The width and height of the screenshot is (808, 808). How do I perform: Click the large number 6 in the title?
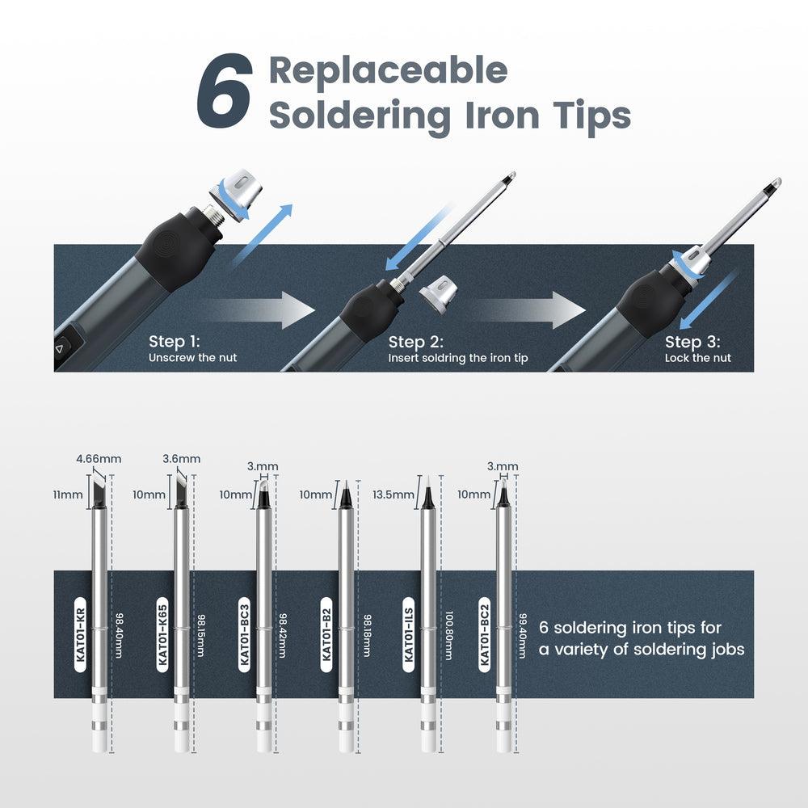[x=225, y=90]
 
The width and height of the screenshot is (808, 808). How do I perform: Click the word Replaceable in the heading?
[x=388, y=70]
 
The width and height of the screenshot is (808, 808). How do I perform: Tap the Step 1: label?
[x=175, y=341]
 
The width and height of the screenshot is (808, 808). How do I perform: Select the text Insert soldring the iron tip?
[x=458, y=358]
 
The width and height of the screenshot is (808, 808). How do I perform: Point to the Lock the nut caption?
[x=698, y=358]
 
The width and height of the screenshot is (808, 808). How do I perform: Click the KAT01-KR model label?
[x=80, y=635]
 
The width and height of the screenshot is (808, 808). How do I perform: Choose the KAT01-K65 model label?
[x=162, y=635]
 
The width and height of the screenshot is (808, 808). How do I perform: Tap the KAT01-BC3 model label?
[x=245, y=635]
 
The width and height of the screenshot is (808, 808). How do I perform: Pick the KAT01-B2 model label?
[x=326, y=635]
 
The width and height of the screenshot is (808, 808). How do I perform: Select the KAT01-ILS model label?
[x=409, y=635]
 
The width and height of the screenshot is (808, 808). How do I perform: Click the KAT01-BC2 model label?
[x=484, y=635]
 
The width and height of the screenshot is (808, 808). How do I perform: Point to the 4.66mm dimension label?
[x=99, y=459]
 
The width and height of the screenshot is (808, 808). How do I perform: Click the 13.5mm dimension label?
[x=393, y=494]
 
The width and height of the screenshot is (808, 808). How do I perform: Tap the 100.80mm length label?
[x=448, y=636]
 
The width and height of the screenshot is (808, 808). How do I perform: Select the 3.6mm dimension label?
[x=181, y=459]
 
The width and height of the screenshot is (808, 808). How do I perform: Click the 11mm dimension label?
[x=68, y=494]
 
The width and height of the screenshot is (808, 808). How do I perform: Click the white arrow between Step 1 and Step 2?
[x=258, y=309]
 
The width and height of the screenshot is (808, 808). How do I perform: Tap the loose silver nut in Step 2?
[x=437, y=295]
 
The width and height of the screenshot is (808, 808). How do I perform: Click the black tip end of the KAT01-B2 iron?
[x=346, y=494]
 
